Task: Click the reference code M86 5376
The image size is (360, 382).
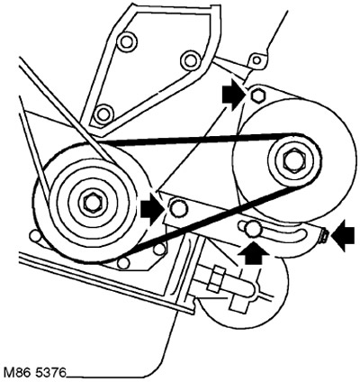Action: pos(35,372)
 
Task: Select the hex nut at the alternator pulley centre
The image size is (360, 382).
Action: pos(292,162)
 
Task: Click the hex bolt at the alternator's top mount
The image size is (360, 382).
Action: pos(257,96)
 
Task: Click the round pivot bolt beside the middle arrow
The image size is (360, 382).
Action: pos(178,208)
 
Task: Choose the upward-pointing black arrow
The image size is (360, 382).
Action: pos(252,253)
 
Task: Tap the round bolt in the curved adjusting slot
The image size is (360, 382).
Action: pos(252,229)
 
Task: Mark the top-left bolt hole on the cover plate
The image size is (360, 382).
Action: pos(127,41)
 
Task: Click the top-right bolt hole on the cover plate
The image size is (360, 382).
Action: pos(189,60)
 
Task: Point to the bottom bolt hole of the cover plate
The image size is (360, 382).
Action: pos(103,114)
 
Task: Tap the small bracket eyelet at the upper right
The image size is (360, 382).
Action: pos(256,60)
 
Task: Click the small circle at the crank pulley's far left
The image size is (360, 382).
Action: pos(34,236)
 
